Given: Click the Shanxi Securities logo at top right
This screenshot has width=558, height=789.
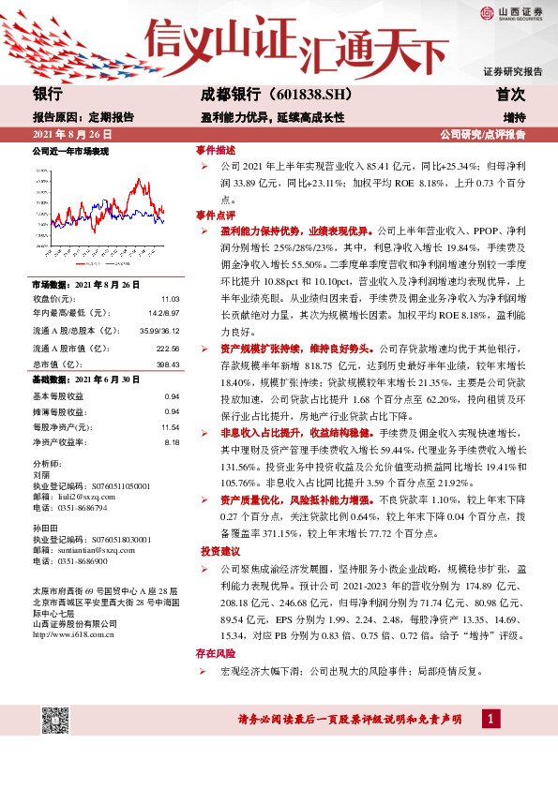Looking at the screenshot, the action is coord(510,13).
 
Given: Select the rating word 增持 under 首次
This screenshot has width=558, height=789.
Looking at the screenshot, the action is coord(513,118).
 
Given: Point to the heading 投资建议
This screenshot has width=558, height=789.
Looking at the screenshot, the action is coord(219,550).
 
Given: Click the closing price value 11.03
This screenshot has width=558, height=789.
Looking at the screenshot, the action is coord(171,297).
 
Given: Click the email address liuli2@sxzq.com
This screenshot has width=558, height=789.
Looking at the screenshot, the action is coord(87,498).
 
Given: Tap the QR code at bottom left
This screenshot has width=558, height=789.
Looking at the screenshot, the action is coord(56,722).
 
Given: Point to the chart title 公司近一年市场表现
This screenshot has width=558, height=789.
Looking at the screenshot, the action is coord(70,151).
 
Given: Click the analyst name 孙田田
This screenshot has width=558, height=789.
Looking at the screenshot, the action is coord(46,528).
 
